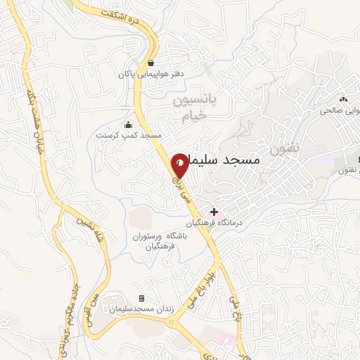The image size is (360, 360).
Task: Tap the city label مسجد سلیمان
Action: (x=226, y=160)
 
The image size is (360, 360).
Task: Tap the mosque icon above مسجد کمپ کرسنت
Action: (x=127, y=124)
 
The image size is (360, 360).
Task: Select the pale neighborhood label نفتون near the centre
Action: (x=284, y=149)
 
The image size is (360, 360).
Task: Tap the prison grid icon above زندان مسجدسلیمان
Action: (x=141, y=299)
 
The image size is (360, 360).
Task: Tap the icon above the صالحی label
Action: (x=343, y=99)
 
